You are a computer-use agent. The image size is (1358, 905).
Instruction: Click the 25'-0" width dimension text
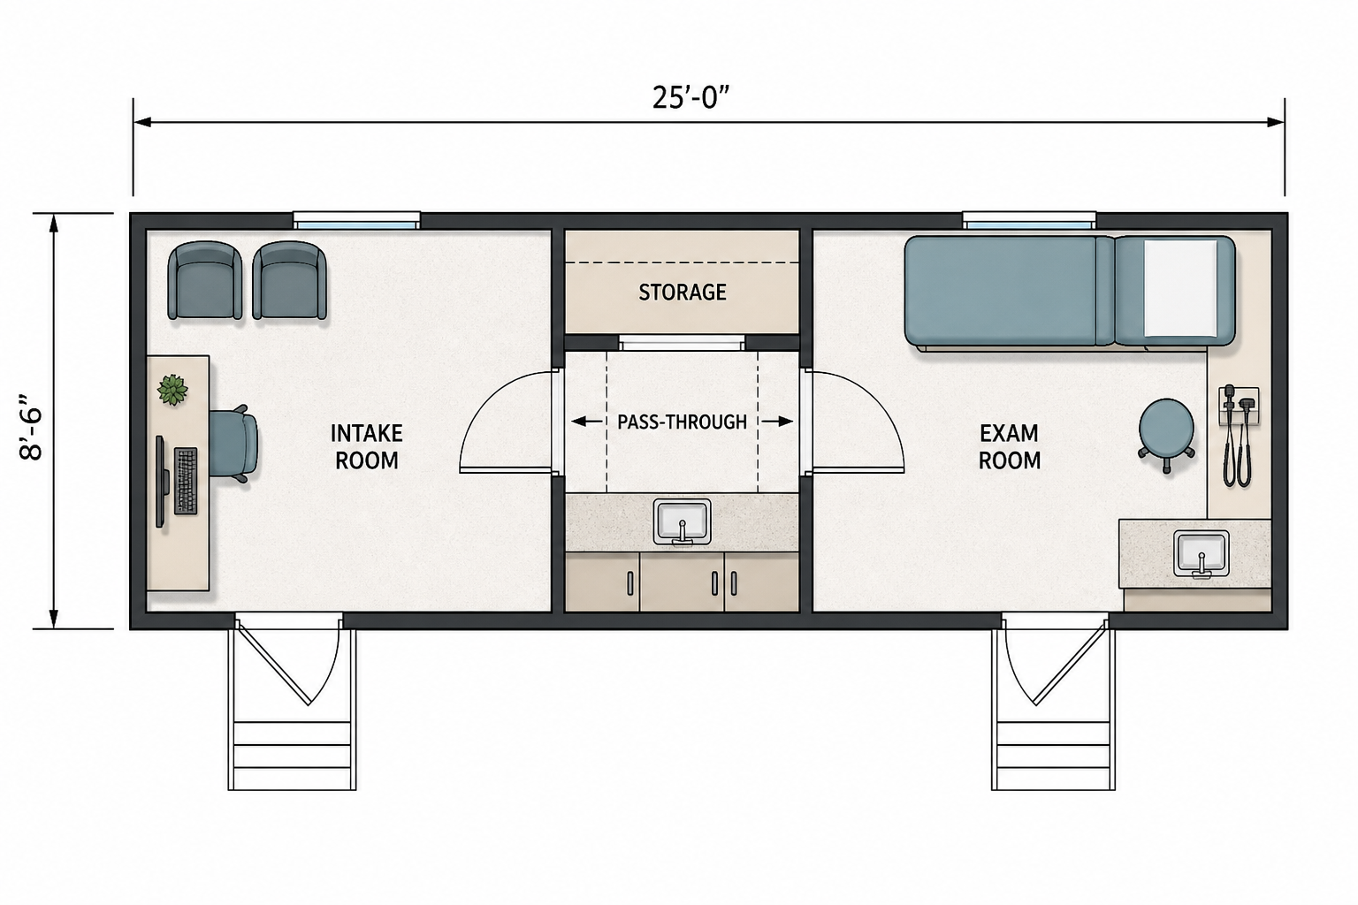point(690,97)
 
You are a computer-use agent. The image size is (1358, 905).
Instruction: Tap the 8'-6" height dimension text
point(31,428)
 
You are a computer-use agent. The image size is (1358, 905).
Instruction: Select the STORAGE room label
point(682,293)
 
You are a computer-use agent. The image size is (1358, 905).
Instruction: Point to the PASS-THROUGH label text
point(682,422)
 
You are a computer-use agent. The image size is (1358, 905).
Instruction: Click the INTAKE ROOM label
point(366,446)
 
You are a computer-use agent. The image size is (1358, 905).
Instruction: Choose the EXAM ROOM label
point(1010,446)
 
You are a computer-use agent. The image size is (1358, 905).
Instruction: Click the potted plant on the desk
point(172,390)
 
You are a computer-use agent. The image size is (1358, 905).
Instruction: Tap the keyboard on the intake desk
point(187,481)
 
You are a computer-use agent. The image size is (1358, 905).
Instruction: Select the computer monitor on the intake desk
point(162,482)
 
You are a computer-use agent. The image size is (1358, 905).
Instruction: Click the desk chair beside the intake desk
point(234,444)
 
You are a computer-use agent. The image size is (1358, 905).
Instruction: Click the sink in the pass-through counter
point(682,521)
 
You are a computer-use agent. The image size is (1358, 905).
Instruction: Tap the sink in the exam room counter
point(1201,553)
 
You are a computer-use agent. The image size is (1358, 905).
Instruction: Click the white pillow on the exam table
point(1179,288)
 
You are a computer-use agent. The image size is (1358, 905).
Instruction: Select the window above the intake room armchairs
point(356,220)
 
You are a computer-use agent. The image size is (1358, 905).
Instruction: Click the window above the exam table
point(1029,220)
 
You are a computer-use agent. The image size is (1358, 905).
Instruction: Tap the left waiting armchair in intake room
point(205,280)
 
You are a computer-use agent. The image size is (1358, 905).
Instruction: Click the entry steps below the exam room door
point(1053,755)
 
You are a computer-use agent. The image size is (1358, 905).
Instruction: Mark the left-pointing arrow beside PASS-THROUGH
point(587,422)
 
